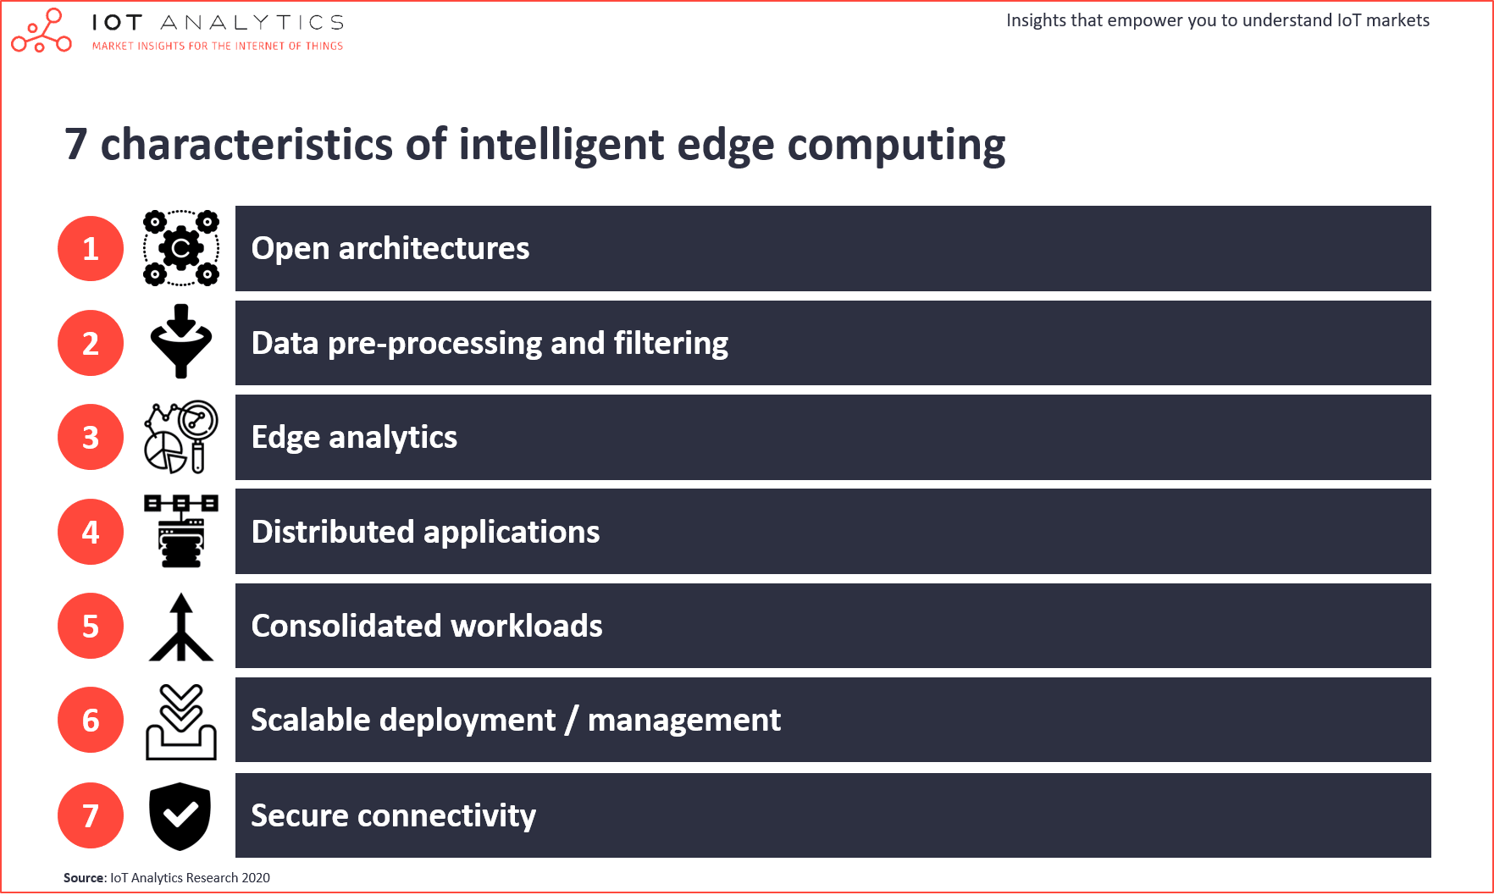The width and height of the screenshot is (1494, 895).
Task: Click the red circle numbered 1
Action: click(x=91, y=248)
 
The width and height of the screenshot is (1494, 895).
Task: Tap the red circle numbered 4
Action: click(x=91, y=532)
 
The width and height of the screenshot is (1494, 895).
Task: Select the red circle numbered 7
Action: click(x=91, y=815)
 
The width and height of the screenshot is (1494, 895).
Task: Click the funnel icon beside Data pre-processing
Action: click(x=180, y=341)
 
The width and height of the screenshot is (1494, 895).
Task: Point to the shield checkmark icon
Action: click(x=180, y=816)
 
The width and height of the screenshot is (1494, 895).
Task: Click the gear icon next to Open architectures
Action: click(x=181, y=248)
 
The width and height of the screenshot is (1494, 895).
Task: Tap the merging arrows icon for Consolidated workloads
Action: click(x=180, y=627)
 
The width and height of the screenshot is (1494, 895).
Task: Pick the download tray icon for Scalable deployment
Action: click(x=181, y=722)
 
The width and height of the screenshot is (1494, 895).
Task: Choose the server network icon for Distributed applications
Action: click(x=181, y=531)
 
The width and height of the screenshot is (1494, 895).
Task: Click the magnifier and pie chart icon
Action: click(x=181, y=437)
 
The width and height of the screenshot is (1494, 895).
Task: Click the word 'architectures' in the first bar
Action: click(x=434, y=248)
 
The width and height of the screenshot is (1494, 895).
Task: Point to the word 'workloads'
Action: click(x=527, y=626)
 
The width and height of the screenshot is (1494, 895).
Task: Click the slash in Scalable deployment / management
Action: click(x=572, y=721)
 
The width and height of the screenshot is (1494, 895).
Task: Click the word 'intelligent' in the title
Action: click(x=562, y=145)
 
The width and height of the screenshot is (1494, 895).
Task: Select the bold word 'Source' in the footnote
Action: click(x=84, y=878)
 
